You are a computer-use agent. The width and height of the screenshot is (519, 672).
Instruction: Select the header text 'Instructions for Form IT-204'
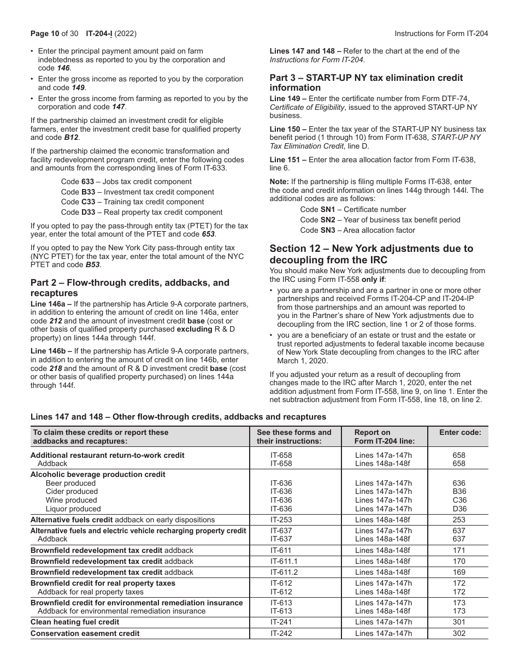(x=441, y=33)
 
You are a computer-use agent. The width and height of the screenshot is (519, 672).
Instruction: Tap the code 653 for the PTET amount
(x=208, y=234)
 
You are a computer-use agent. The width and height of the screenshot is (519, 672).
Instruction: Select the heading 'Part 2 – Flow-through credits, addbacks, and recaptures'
(x=130, y=288)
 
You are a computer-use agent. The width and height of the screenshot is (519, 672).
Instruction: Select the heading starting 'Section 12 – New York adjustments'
(x=371, y=254)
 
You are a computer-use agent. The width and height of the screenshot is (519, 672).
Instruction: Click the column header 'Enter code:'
(x=460, y=432)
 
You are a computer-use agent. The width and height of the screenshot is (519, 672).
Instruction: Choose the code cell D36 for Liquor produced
(x=459, y=509)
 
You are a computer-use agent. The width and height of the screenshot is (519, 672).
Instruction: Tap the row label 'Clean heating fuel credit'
(x=75, y=622)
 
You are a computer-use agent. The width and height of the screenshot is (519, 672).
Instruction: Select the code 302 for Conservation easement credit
(x=459, y=633)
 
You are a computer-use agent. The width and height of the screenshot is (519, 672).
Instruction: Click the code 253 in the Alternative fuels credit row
(x=459, y=520)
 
